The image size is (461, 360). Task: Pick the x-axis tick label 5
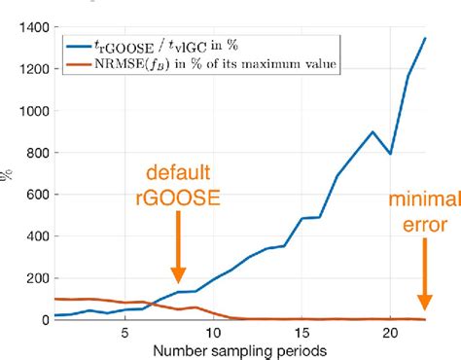pyautogui.click(x=124, y=333)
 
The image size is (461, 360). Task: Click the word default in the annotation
pyautogui.click(x=177, y=174)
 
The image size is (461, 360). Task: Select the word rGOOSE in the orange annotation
pyautogui.click(x=178, y=198)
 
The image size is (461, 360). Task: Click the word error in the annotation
pyautogui.click(x=421, y=227)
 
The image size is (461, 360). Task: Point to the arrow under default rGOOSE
pyautogui.click(x=178, y=248)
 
